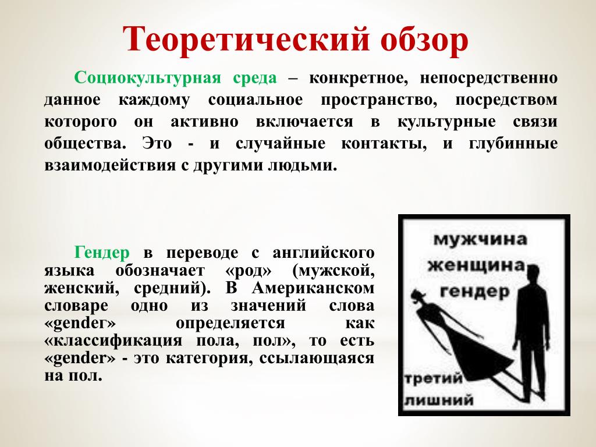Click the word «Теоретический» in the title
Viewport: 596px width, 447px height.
coord(246,39)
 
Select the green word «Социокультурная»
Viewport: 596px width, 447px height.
coord(147,78)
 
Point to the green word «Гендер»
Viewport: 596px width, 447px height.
coord(102,253)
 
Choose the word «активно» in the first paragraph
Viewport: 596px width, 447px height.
coord(204,122)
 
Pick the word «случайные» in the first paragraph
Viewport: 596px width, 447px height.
coord(281,144)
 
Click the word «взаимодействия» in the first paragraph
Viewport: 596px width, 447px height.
coord(110,166)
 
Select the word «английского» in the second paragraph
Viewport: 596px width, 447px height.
coord(324,253)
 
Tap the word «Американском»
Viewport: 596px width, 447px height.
coord(313,288)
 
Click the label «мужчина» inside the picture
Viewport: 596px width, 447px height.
coord(480,239)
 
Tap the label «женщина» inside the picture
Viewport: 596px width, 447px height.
coord(476,265)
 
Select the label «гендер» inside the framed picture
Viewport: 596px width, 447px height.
coord(475,292)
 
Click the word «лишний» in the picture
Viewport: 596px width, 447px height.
coord(439,400)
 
